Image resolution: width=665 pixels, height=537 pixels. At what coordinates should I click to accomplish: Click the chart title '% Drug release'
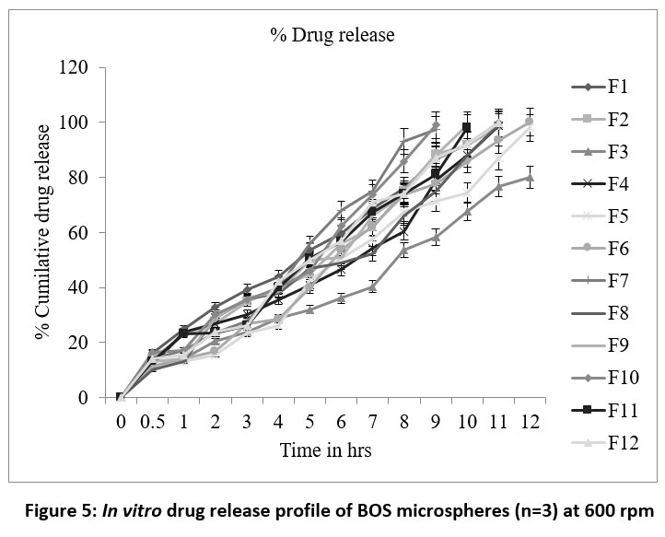tap(332, 35)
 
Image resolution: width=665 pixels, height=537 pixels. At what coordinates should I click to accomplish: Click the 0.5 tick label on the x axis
tap(152, 422)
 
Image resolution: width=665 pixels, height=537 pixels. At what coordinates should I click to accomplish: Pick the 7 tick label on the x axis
tap(372, 422)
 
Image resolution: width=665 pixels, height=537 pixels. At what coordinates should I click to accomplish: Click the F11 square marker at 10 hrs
tap(467, 127)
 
